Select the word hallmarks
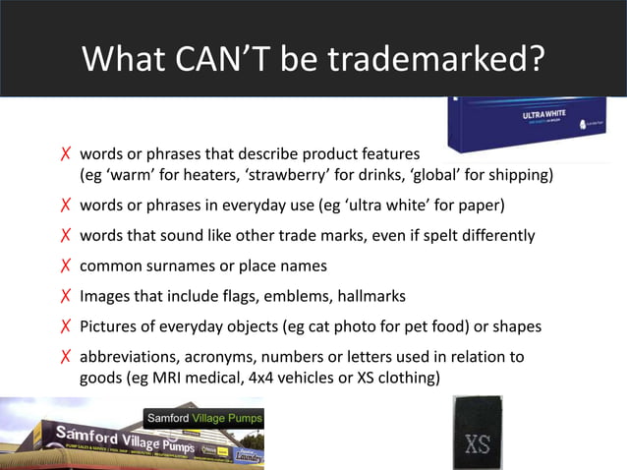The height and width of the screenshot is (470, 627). click(369, 296)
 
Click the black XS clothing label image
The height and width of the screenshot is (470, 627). click(478, 434)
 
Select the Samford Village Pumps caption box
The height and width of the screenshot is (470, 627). click(204, 420)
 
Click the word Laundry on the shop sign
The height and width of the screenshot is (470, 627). click(248, 455)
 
